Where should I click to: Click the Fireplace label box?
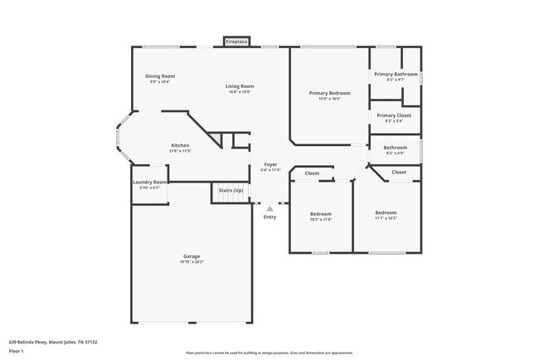236,41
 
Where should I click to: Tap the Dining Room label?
160,76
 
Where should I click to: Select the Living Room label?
240,86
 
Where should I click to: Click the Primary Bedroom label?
329,93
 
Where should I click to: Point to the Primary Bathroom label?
395,75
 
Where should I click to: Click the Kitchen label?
180,145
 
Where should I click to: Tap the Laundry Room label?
150,182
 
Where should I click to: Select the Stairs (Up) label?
231,191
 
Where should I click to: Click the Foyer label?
270,164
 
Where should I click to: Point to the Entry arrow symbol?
269,208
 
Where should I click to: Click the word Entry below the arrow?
269,217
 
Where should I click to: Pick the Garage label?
192,256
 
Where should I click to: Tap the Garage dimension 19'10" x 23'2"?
192,262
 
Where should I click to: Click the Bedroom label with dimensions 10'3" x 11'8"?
319,213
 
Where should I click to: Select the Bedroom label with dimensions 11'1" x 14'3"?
386,212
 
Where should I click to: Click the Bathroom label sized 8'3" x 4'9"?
395,148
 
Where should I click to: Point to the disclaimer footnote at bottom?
269,353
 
